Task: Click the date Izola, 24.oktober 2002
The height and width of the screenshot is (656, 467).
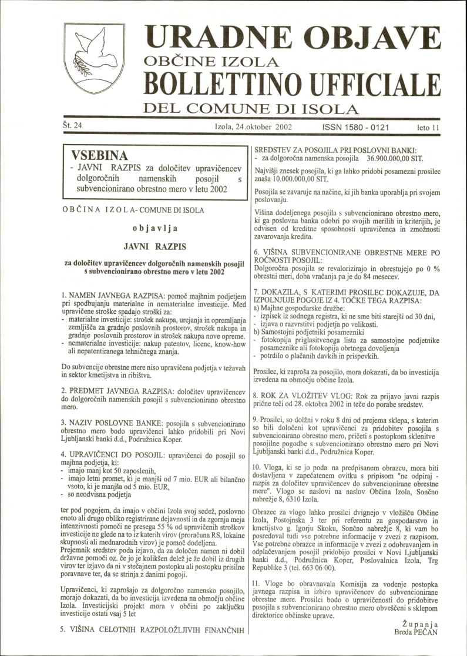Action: coord(254,126)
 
